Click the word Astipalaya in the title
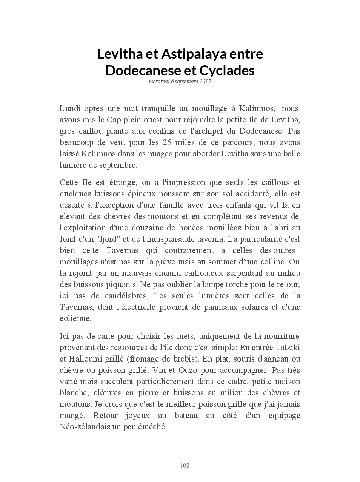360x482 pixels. (x=193, y=54)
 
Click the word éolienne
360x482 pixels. (x=75, y=318)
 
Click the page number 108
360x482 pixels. (x=185, y=466)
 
